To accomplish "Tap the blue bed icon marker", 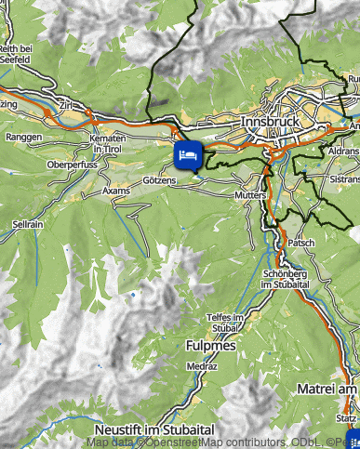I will pyautogui.click(x=188, y=153).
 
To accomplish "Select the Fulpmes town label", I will pyautogui.click(x=213, y=346).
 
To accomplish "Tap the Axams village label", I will pyautogui.click(x=117, y=190).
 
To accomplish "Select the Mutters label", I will pyautogui.click(x=252, y=197).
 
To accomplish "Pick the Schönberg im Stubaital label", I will pyautogui.click(x=286, y=279).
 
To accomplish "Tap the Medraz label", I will pyautogui.click(x=201, y=367).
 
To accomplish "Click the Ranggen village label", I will pyautogui.click(x=24, y=137).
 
